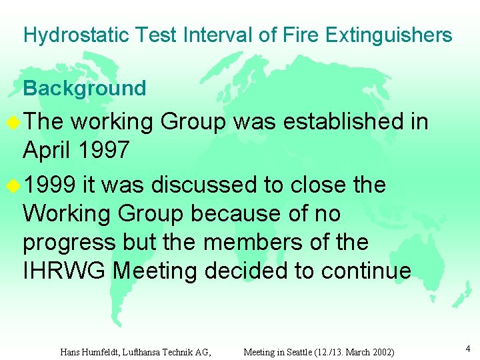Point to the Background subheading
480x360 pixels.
(x=85, y=88)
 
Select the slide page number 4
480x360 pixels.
(x=468, y=347)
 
